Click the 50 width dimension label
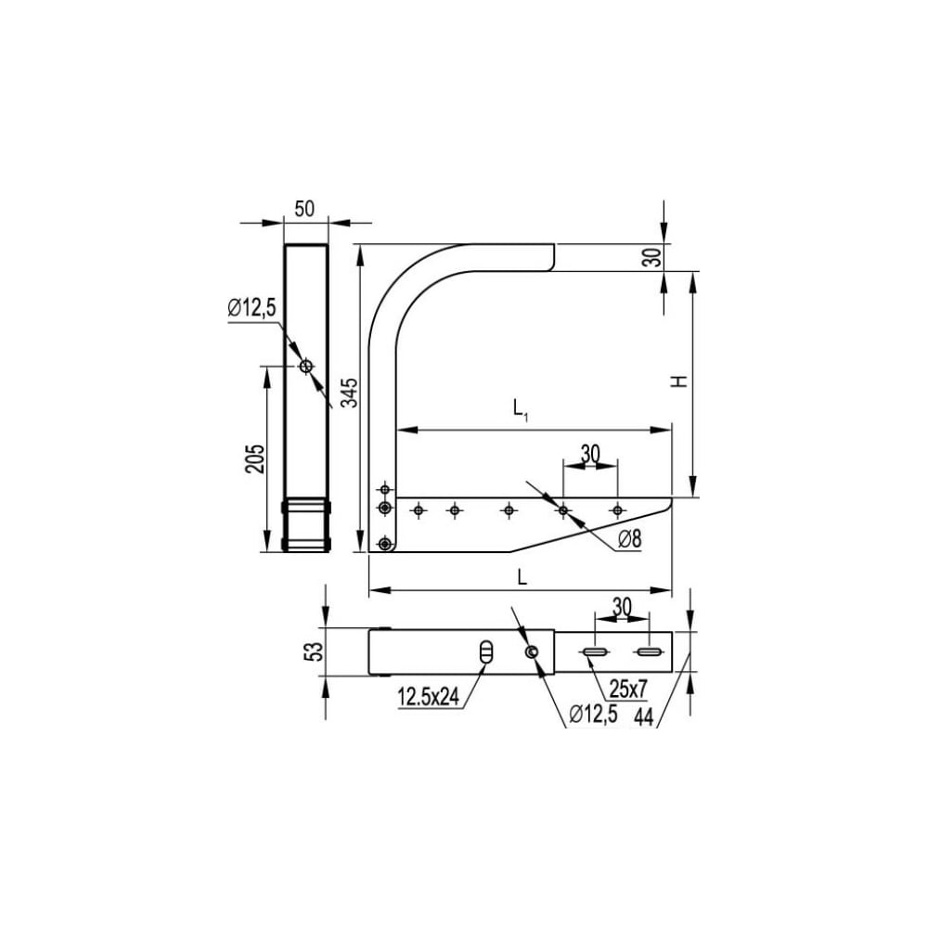click(x=304, y=209)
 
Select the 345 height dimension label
click(x=350, y=393)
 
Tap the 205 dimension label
click(x=255, y=458)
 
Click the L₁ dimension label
click(x=521, y=409)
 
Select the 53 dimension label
click(x=316, y=651)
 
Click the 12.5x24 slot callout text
click(x=429, y=697)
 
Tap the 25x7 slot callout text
click(x=628, y=689)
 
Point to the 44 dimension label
click(x=643, y=717)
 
